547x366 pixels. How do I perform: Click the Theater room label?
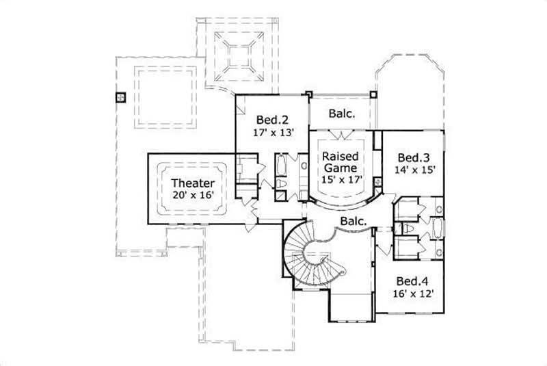point(193,183)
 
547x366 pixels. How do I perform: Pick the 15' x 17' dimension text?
point(341,180)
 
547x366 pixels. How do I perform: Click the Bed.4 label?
point(412,281)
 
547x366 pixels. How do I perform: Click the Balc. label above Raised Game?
point(342,114)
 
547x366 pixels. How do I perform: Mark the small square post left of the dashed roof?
point(120,97)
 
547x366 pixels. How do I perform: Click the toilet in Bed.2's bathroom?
point(281,185)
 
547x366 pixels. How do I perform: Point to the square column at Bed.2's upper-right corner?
point(308,94)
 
